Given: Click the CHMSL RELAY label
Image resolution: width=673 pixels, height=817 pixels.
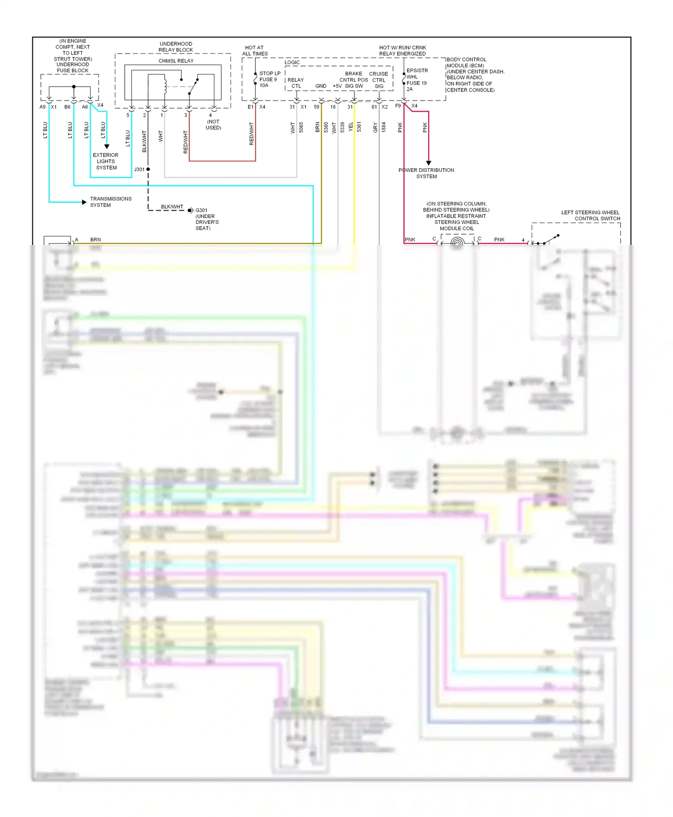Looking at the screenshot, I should pyautogui.click(x=176, y=61).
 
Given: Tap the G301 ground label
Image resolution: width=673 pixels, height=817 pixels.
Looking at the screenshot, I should pyautogui.click(x=201, y=210).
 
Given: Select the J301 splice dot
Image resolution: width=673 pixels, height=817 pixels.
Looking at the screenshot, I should pyautogui.click(x=148, y=169).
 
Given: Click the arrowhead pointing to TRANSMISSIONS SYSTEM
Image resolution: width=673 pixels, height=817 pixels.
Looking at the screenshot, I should pyautogui.click(x=84, y=202).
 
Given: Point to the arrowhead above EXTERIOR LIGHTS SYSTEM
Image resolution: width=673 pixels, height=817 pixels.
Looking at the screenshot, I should pyautogui.click(x=107, y=146).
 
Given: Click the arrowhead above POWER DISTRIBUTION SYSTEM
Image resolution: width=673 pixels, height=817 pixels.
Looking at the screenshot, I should pyautogui.click(x=428, y=163).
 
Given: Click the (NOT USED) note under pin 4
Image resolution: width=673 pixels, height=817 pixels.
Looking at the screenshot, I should pyautogui.click(x=213, y=125).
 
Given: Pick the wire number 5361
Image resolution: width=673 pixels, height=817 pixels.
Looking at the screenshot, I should pyautogui.click(x=359, y=127).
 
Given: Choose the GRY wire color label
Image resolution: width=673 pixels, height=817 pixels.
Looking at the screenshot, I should pyautogui.click(x=375, y=128).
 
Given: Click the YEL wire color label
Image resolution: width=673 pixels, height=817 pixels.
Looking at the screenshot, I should pyautogui.click(x=351, y=127).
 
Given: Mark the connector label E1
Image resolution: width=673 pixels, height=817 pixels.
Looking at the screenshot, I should pyautogui.click(x=250, y=107).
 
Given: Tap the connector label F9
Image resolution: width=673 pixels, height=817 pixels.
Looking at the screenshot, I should pyautogui.click(x=398, y=106).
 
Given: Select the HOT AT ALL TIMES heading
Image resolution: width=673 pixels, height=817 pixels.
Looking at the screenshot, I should pyautogui.click(x=255, y=50).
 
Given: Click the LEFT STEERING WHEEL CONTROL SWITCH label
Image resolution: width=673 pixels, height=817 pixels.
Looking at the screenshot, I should pyautogui.click(x=590, y=215).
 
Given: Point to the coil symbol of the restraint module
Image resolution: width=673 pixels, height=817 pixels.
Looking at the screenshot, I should pyautogui.click(x=457, y=243).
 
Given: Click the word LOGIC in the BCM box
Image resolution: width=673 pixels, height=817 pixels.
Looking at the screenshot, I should pyautogui.click(x=292, y=62).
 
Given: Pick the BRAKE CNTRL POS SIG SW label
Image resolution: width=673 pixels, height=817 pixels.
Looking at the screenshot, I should pyautogui.click(x=354, y=79).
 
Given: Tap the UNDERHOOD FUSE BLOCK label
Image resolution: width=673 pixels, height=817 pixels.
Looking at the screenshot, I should pyautogui.click(x=73, y=67).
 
